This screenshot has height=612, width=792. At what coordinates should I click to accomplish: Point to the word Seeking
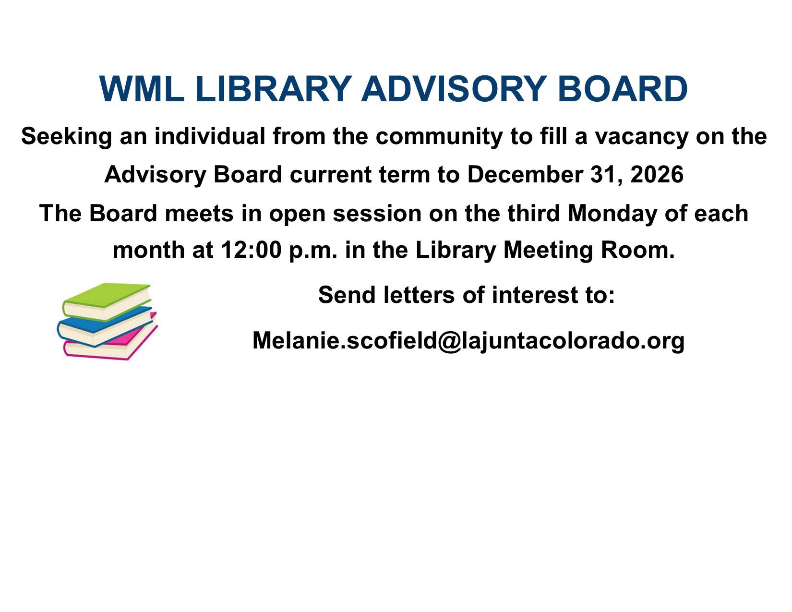pos(66,137)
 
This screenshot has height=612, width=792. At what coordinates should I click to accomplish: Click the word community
pos(438,137)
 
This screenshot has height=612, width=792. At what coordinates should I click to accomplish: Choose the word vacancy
pos(641,138)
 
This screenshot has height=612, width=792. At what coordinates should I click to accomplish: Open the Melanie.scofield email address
pos(468,341)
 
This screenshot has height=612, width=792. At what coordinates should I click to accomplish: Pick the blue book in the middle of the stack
pos(105,326)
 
